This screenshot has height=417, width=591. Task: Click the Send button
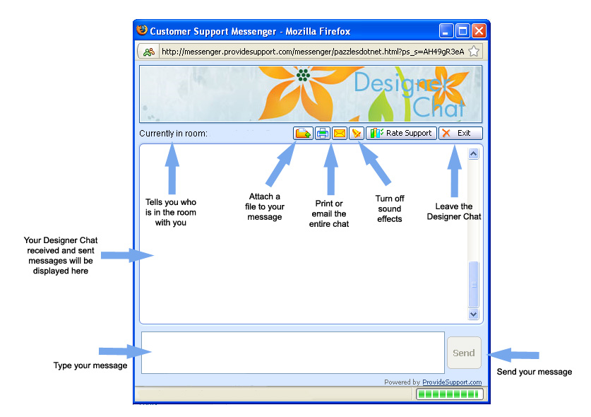point(464,353)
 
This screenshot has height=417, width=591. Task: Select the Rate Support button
point(401,133)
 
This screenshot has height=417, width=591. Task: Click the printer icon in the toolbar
point(322,133)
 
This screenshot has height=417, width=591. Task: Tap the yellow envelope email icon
point(340,133)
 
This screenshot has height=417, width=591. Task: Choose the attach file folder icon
point(303,133)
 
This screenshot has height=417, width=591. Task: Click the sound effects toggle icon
point(356,133)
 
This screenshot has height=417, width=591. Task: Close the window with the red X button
point(479,31)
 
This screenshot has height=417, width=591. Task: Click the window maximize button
point(462,31)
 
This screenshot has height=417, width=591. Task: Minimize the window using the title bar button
point(446,31)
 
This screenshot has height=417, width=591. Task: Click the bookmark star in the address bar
point(474,52)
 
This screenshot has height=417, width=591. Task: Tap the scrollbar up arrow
point(473,153)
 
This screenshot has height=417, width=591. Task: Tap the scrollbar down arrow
point(473,314)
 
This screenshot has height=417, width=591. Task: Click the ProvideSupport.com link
point(452,382)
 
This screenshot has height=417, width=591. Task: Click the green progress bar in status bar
point(449,394)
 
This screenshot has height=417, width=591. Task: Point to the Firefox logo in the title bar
point(142,30)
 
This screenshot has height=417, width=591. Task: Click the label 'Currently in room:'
point(174,134)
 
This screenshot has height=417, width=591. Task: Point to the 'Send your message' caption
point(535,372)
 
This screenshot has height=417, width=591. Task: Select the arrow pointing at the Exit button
point(455,171)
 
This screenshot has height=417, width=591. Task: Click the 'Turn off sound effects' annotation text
point(390,208)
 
